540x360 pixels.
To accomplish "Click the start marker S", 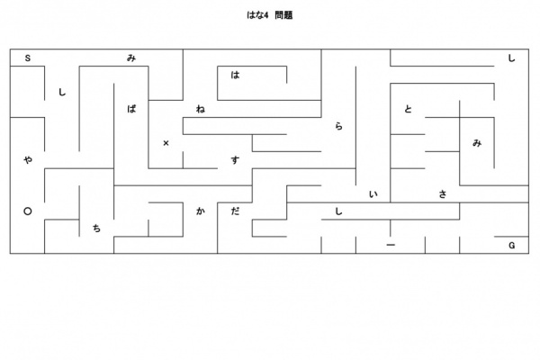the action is (28, 58).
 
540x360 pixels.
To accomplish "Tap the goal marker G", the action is (512, 246).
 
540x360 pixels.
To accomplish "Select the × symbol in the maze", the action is (166, 143).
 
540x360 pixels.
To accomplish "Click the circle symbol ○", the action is (28, 211).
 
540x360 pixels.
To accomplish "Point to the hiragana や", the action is (28, 160).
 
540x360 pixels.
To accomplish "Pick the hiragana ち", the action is (97, 228).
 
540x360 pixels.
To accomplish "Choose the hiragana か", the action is (201, 211).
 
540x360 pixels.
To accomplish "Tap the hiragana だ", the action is (235, 211).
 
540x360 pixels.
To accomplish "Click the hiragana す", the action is (235, 160).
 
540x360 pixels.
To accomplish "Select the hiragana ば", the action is (131, 109).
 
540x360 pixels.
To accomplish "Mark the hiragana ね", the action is (201, 109).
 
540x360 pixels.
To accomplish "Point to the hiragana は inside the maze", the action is (235, 75).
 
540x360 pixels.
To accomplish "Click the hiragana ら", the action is (339, 126).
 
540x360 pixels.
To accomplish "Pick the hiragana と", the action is (408, 109).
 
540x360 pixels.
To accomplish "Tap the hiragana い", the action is (373, 194).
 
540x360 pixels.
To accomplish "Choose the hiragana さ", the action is (443, 194).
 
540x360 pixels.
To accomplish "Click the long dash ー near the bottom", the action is (391, 245).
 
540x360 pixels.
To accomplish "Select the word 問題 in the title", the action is (284, 15).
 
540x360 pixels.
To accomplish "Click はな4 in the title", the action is (257, 15).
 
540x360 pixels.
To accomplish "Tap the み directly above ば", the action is (131, 58).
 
